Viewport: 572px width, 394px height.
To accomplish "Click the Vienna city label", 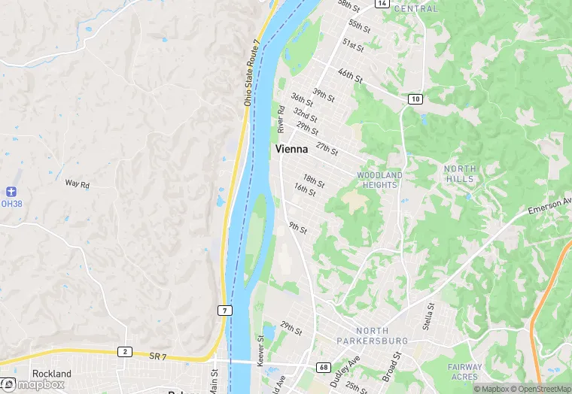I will click(291, 150).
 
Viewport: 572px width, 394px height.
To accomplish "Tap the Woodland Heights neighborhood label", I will click(379, 180).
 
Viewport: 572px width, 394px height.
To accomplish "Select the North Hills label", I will click(459, 174).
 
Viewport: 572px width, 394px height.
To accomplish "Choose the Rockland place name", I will click(51, 374).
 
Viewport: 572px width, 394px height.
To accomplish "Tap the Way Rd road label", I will click(77, 183).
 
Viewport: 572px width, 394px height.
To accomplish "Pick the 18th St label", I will click(314, 179).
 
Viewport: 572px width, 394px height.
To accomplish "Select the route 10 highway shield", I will click(415, 99).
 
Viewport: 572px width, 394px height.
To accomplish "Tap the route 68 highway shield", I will click(322, 368).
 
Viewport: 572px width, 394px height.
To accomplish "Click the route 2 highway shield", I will click(123, 352).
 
